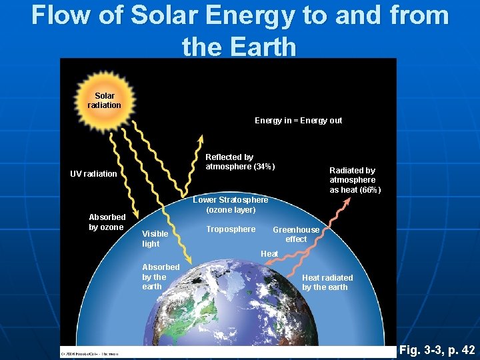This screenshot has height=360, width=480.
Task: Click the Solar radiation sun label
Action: (x=104, y=101)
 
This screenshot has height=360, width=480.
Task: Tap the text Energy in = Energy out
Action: (x=298, y=121)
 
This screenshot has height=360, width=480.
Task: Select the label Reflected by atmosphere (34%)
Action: (x=239, y=161)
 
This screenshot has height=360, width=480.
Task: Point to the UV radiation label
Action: (x=93, y=174)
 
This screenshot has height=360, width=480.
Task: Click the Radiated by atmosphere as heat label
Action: (x=355, y=180)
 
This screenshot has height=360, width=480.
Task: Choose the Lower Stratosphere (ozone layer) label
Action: (x=231, y=205)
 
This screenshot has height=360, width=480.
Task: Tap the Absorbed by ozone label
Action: (x=107, y=222)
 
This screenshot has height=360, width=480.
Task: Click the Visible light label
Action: (x=155, y=239)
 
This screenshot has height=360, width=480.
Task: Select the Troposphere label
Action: (x=231, y=229)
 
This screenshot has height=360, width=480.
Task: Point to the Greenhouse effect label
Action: (x=296, y=234)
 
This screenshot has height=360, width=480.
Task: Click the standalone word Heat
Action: (x=269, y=254)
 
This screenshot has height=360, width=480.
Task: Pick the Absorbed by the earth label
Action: (x=160, y=277)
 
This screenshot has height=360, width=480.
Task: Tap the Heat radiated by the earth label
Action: (x=327, y=282)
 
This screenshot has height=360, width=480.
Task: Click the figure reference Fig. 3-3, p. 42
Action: (x=437, y=350)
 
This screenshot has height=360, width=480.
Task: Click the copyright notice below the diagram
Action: (x=90, y=353)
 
